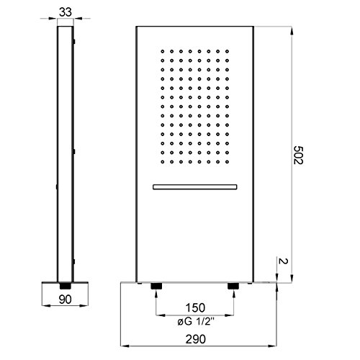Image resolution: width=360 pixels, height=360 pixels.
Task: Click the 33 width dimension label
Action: tap(65, 12)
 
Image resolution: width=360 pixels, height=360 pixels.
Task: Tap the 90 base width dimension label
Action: tap(65, 300)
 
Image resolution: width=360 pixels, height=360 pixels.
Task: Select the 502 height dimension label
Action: tap(298, 155)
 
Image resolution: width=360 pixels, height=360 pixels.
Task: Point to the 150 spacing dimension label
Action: tap(195, 307)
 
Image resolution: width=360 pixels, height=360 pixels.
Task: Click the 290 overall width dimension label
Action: tap(195, 339)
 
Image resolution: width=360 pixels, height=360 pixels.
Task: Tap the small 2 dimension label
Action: tap(282, 261)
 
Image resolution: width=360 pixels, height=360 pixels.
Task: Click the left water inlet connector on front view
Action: tap(156, 286)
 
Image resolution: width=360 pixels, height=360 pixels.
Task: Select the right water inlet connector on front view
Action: tap(233, 286)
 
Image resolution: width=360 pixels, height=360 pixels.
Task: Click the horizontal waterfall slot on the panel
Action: tap(195, 187)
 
